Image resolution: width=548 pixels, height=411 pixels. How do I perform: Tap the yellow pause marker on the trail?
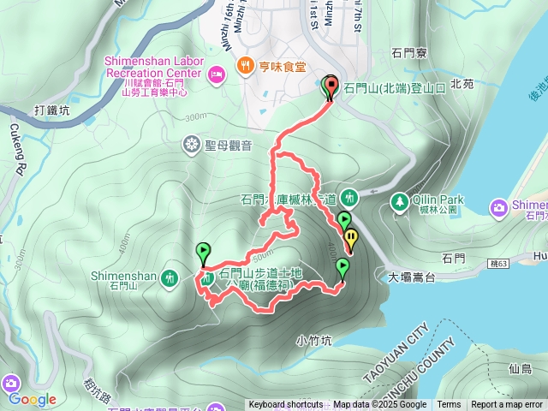click(351, 239)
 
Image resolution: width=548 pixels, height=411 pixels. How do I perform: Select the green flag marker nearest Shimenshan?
click(203, 253)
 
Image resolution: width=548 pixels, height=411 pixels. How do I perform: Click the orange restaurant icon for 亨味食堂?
click(245, 64)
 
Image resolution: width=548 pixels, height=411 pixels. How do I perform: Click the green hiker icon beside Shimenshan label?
click(170, 277)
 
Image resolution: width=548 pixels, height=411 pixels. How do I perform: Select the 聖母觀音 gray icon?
click(190, 146)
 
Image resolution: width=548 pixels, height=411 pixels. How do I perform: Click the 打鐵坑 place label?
click(52, 110)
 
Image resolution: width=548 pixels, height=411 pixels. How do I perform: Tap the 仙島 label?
click(520, 368)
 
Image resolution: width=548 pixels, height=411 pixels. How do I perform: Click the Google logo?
click(32, 399)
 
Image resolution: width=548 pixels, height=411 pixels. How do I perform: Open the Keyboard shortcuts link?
click(285, 405)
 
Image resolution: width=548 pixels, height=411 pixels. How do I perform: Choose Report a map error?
click(507, 405)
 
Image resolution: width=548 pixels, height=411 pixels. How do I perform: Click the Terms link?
click(449, 405)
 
